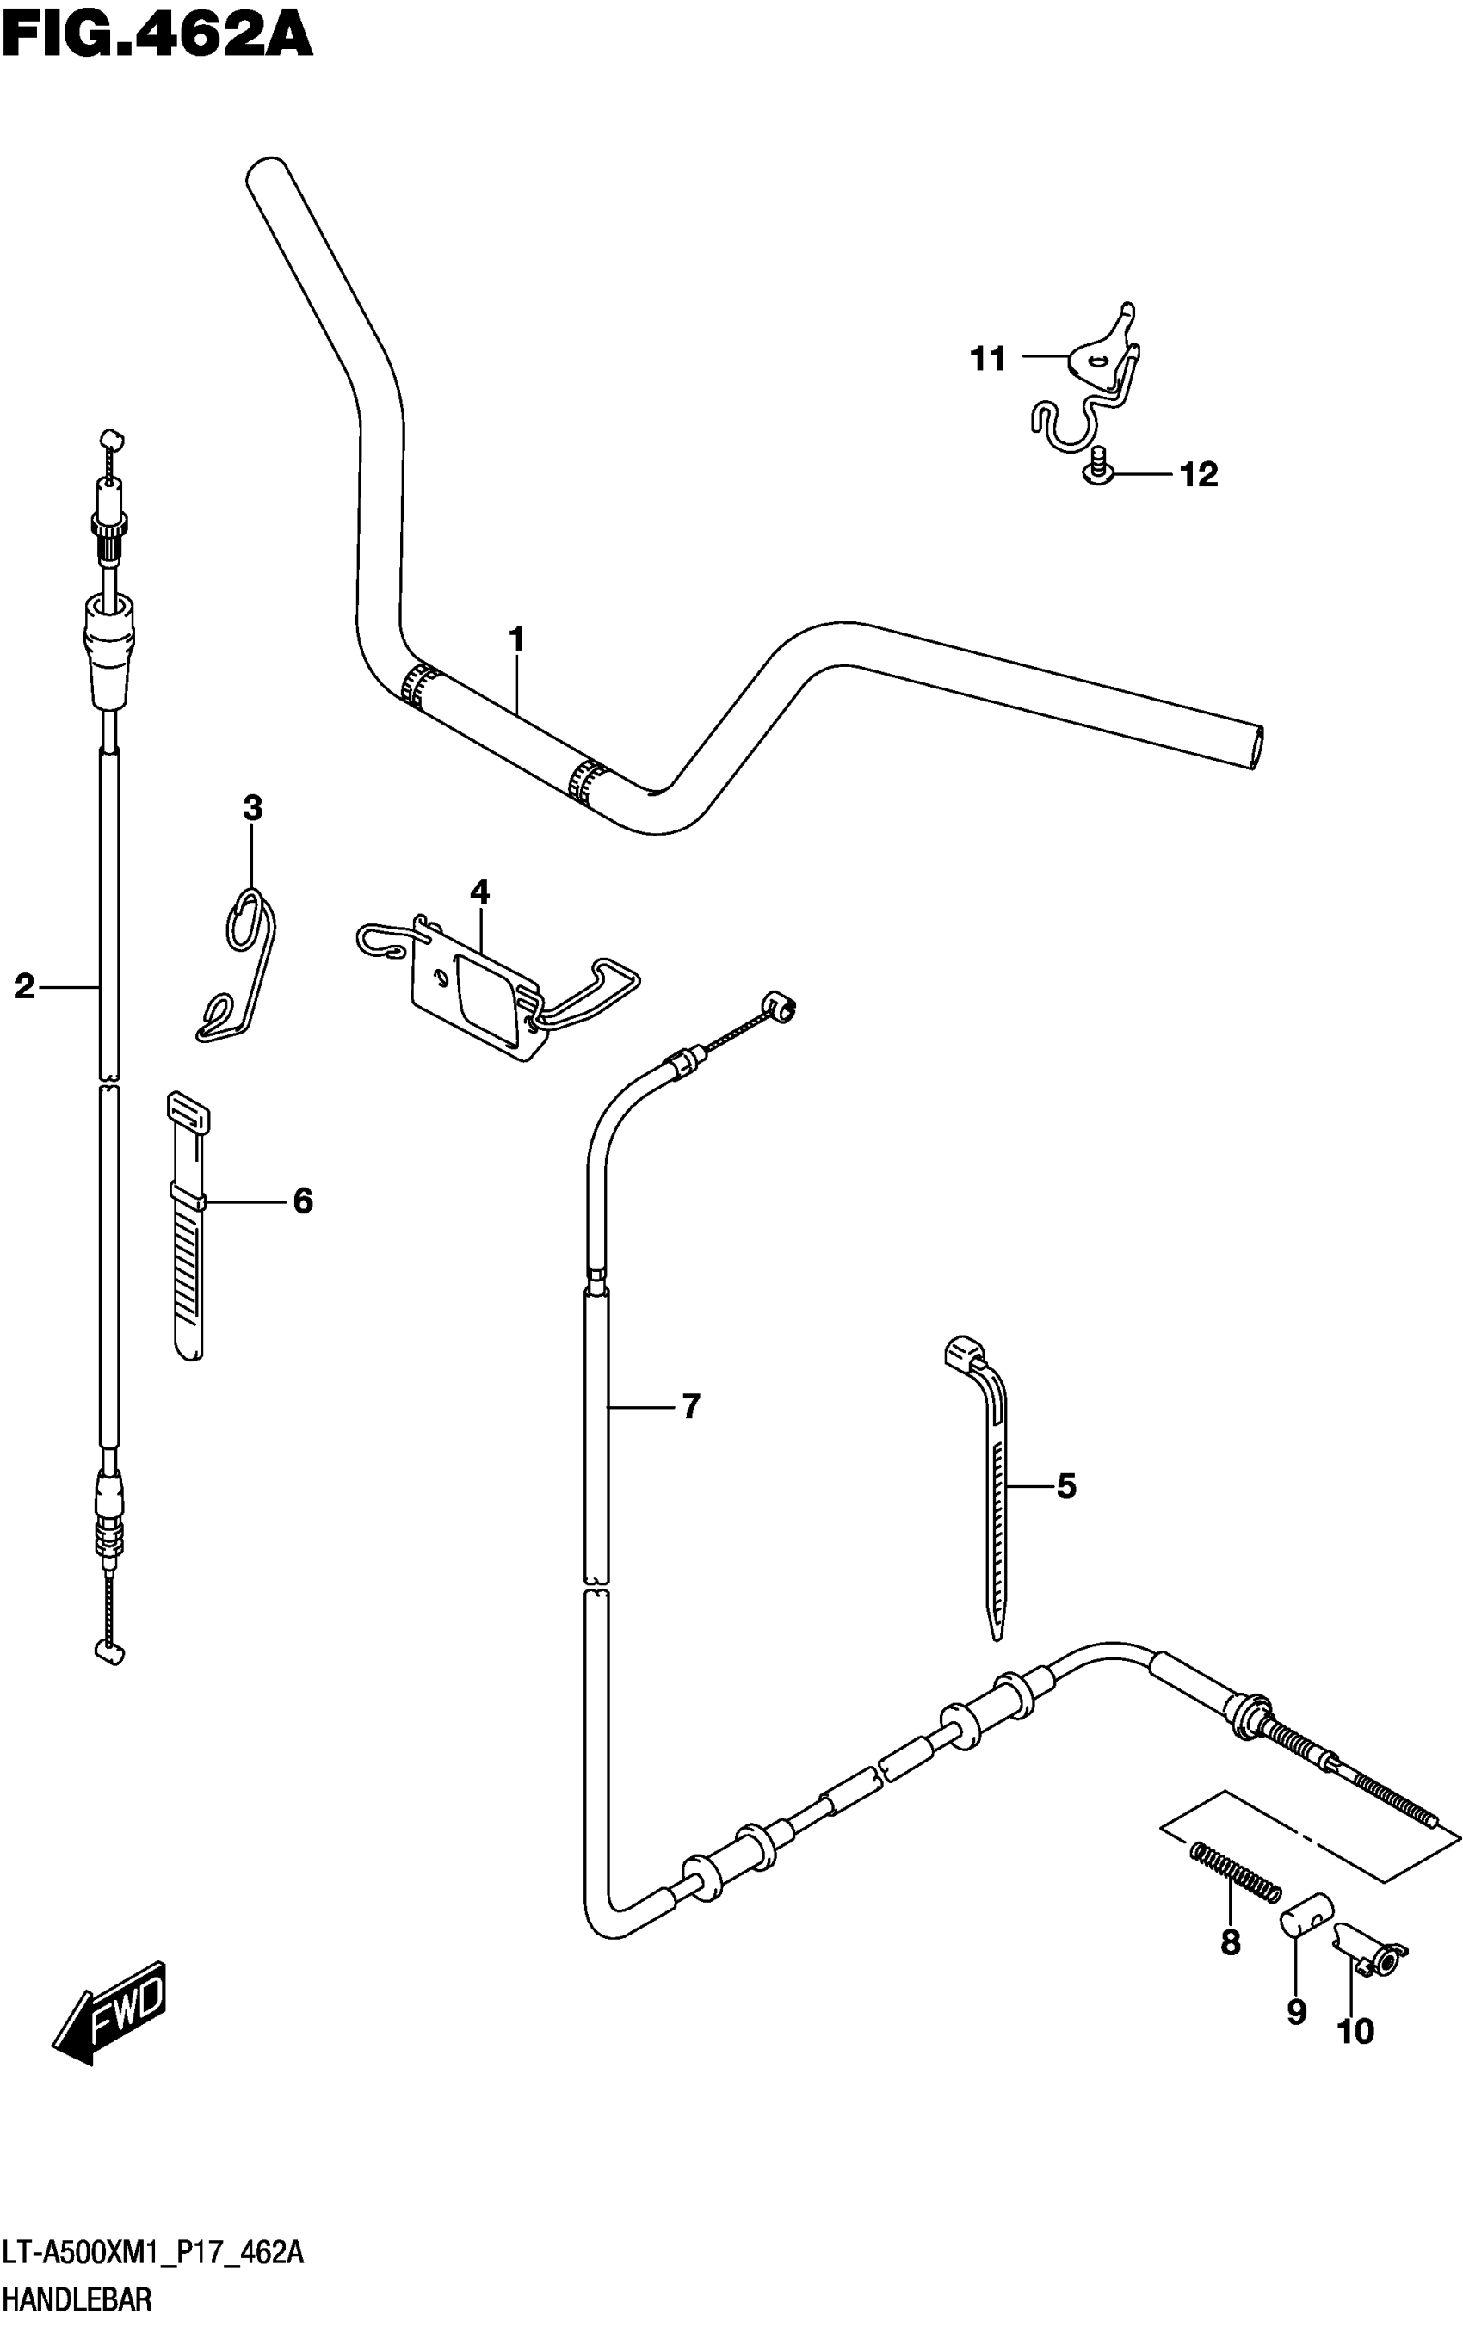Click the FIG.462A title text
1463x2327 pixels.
[x=157, y=37]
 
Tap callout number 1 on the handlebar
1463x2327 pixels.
[x=516, y=639]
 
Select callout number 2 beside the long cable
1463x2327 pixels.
[x=24, y=987]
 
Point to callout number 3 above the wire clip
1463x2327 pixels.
[x=252, y=808]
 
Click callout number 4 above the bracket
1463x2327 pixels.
[x=480, y=892]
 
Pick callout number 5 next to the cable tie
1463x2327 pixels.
[x=1066, y=1486]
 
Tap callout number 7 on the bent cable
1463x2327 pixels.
[x=690, y=1407]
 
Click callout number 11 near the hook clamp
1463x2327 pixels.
[x=988, y=360]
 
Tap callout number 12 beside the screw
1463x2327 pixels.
[x=1198, y=474]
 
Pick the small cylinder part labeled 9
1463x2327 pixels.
[x=1306, y=1915]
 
